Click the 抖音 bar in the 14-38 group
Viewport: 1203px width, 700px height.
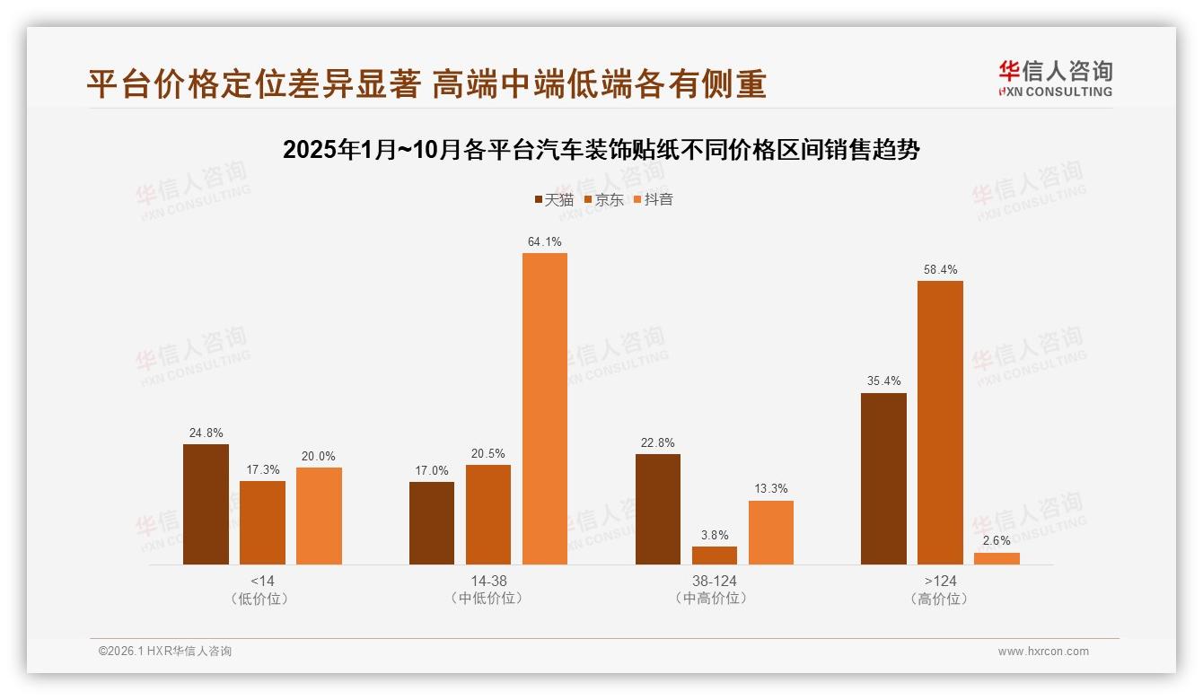544,408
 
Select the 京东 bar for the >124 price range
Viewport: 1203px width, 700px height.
940,423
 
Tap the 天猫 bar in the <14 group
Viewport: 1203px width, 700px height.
206,504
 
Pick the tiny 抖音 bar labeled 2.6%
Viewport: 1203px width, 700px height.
997,558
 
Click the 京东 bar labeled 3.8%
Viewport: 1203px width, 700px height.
714,556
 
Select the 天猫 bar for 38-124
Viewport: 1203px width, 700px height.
657,509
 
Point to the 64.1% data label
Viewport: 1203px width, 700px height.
545,241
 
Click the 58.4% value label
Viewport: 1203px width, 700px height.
940,269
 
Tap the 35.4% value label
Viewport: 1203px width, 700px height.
883,381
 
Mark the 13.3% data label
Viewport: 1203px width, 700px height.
771,489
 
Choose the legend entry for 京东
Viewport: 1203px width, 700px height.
603,199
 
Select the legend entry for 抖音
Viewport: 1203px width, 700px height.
654,199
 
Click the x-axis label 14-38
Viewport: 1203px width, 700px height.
488,581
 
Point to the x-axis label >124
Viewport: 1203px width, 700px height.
940,581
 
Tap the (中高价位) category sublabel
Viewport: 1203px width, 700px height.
714,598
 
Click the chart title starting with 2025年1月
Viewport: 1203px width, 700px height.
601,150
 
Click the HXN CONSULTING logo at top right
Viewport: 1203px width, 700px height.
1055,79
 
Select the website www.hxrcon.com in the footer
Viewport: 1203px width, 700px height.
1043,652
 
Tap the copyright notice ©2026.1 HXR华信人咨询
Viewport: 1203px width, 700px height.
165,652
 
